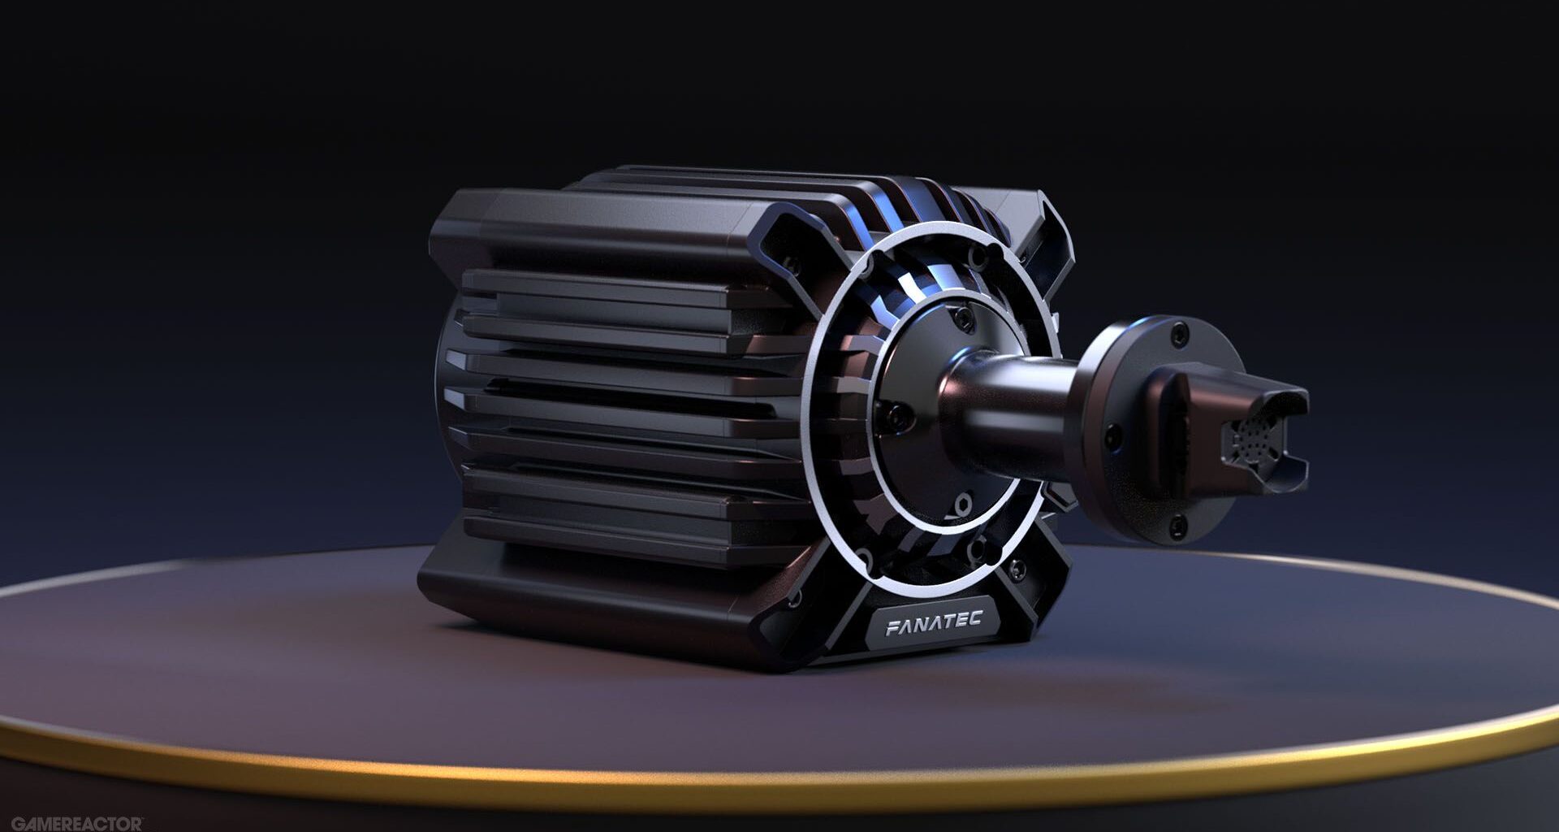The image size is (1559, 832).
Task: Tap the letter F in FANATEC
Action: [891, 627]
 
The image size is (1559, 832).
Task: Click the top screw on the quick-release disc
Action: [1179, 332]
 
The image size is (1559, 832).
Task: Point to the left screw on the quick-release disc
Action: [1111, 438]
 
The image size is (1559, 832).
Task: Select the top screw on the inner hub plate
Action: [963, 312]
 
